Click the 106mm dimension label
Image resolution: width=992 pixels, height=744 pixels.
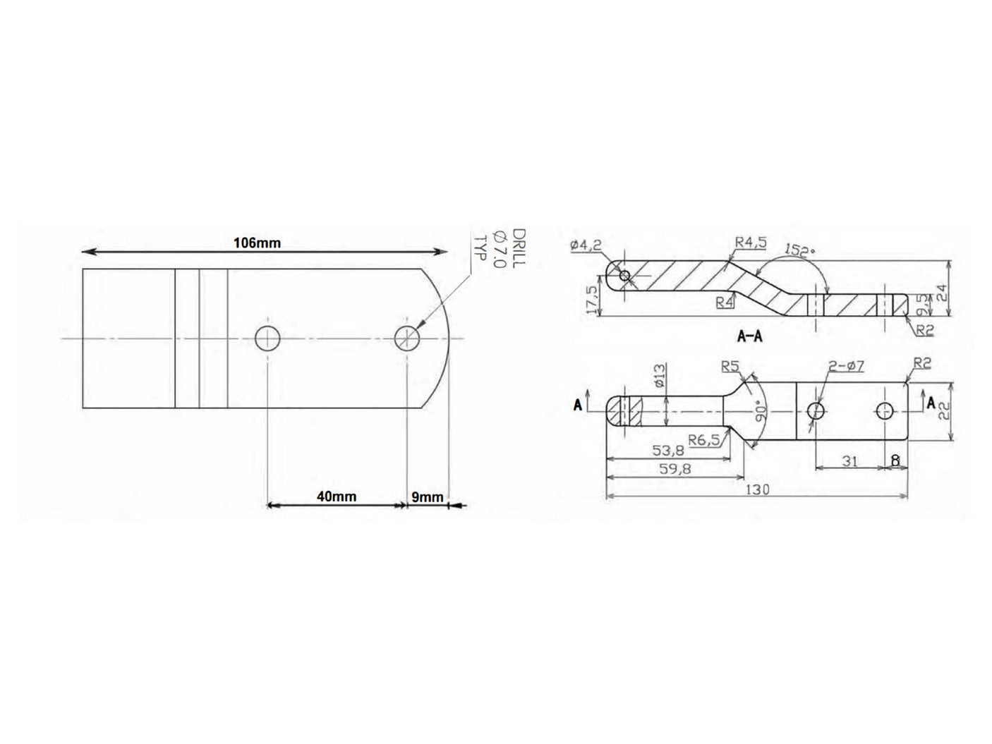[x=257, y=243]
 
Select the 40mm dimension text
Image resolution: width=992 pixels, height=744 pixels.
[x=336, y=496]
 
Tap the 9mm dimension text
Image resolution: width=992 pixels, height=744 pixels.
[x=428, y=497]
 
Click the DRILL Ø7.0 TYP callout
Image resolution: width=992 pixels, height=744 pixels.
[x=499, y=248]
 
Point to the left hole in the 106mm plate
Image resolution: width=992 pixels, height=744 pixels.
[x=267, y=339]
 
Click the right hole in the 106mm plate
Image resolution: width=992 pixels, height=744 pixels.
[x=407, y=339]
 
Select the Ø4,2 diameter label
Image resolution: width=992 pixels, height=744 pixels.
[x=586, y=245]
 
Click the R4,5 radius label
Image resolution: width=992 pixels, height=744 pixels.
[x=750, y=242]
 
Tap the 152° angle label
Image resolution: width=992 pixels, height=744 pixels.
[x=799, y=250]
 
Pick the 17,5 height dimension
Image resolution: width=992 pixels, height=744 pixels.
[x=591, y=299]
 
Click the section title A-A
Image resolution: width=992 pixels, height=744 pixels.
[x=749, y=336]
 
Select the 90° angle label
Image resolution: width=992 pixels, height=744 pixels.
[x=761, y=412]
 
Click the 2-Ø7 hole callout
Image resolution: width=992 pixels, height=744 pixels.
[x=846, y=365]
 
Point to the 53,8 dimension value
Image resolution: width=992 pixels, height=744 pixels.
[x=667, y=450]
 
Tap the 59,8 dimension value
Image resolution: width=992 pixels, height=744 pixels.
[x=675, y=468]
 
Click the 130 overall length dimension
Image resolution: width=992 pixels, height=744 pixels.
[x=757, y=489]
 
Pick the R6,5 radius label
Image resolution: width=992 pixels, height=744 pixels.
[x=704, y=440]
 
